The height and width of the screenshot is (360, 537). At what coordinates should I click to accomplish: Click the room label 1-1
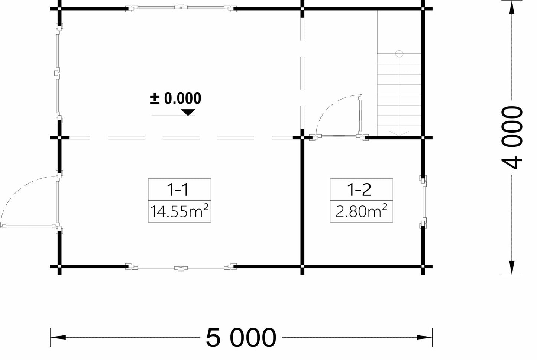[x=178, y=189]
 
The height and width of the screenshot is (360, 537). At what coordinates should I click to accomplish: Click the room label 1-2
[x=359, y=189]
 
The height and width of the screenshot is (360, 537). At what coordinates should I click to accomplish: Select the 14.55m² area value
[x=179, y=211]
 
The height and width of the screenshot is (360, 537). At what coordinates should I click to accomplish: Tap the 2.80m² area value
[x=361, y=211]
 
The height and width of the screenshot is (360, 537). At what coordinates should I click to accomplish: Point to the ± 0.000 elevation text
[x=175, y=98]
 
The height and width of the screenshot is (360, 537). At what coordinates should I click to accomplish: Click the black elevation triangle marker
[x=188, y=112]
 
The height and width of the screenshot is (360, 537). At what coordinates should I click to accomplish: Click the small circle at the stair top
[x=399, y=54]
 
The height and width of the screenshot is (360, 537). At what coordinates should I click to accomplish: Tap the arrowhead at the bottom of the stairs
[x=399, y=134]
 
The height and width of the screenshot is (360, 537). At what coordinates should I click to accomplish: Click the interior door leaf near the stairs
[x=360, y=116]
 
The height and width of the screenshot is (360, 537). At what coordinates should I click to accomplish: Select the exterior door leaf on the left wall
[x=29, y=226]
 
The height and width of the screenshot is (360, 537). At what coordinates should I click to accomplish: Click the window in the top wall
[x=181, y=7]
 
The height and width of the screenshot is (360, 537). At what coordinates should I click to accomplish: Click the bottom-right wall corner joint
[x=423, y=266]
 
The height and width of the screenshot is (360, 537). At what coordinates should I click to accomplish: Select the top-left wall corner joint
[x=59, y=9]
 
